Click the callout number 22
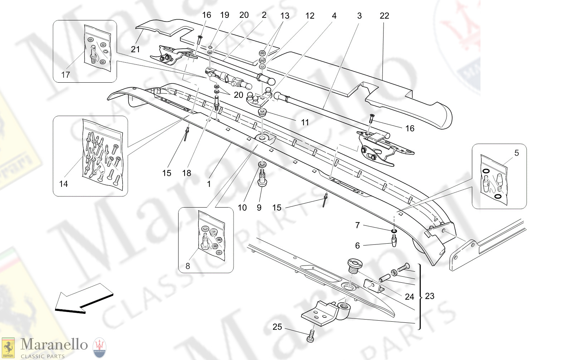click(384, 16)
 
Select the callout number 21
click(135, 49)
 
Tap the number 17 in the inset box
click(65, 75)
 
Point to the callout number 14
click(63, 184)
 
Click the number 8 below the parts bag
click(188, 266)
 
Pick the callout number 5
click(516, 153)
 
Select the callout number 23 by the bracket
click(430, 296)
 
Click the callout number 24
click(409, 297)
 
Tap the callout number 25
click(277, 327)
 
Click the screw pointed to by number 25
click(311, 337)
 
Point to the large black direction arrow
click(84, 298)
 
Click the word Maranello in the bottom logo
click(54, 344)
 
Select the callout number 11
click(305, 122)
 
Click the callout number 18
click(187, 173)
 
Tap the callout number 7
click(357, 225)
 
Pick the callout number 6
click(357, 245)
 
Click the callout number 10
click(242, 208)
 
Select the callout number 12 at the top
click(310, 16)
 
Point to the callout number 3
click(359, 16)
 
